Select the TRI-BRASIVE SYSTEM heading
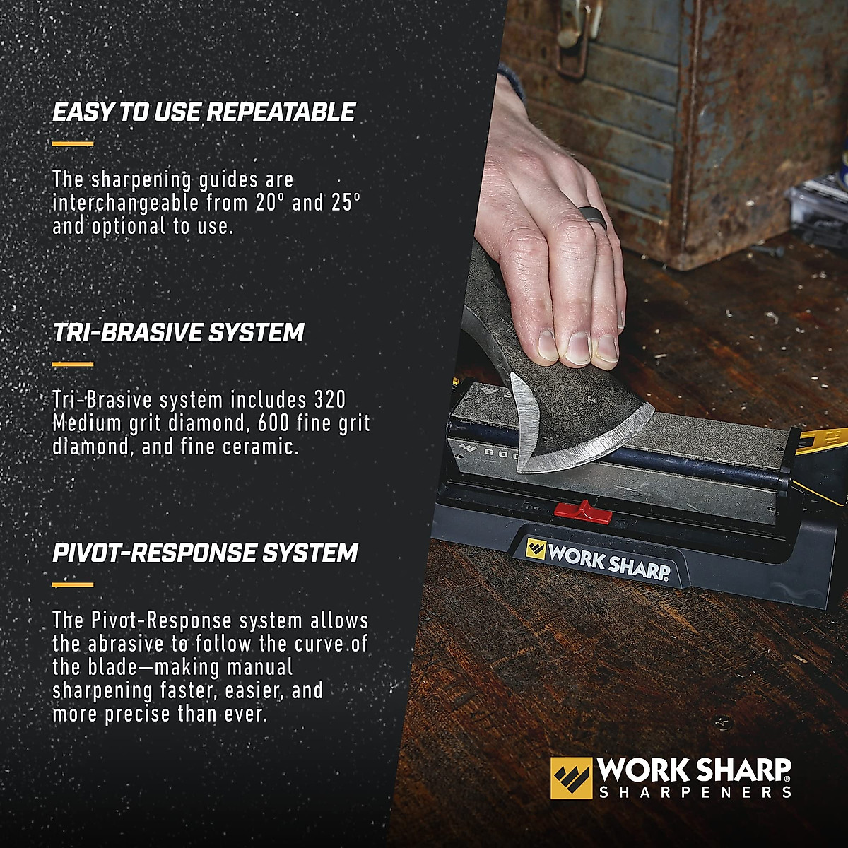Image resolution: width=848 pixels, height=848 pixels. [x=178, y=333]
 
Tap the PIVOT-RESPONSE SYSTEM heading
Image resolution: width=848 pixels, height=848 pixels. [x=205, y=553]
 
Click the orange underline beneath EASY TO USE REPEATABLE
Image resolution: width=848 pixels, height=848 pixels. [x=73, y=144]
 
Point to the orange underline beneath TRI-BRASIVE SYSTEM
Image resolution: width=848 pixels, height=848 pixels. [x=73, y=365]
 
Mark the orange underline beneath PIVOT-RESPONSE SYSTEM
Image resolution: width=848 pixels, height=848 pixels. [x=73, y=585]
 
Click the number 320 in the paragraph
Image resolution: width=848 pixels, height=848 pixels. [x=330, y=400]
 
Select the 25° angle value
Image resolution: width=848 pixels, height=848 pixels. [x=346, y=204]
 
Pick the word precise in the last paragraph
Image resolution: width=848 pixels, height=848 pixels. [x=139, y=714]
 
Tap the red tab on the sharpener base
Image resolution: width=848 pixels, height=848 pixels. [x=583, y=511]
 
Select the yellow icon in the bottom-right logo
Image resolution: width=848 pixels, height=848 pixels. [x=571, y=778]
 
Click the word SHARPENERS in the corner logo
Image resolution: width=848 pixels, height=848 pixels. [x=695, y=792]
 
